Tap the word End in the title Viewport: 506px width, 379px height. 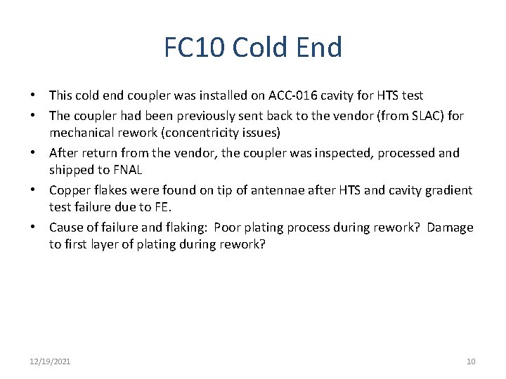click(320, 48)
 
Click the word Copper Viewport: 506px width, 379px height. click(69, 190)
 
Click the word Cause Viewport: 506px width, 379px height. click(66, 228)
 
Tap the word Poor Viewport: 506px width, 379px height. click(228, 228)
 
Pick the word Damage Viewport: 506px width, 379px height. click(450, 228)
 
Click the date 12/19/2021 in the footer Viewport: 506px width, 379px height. click(50, 361)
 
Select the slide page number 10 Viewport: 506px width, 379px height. click(471, 361)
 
